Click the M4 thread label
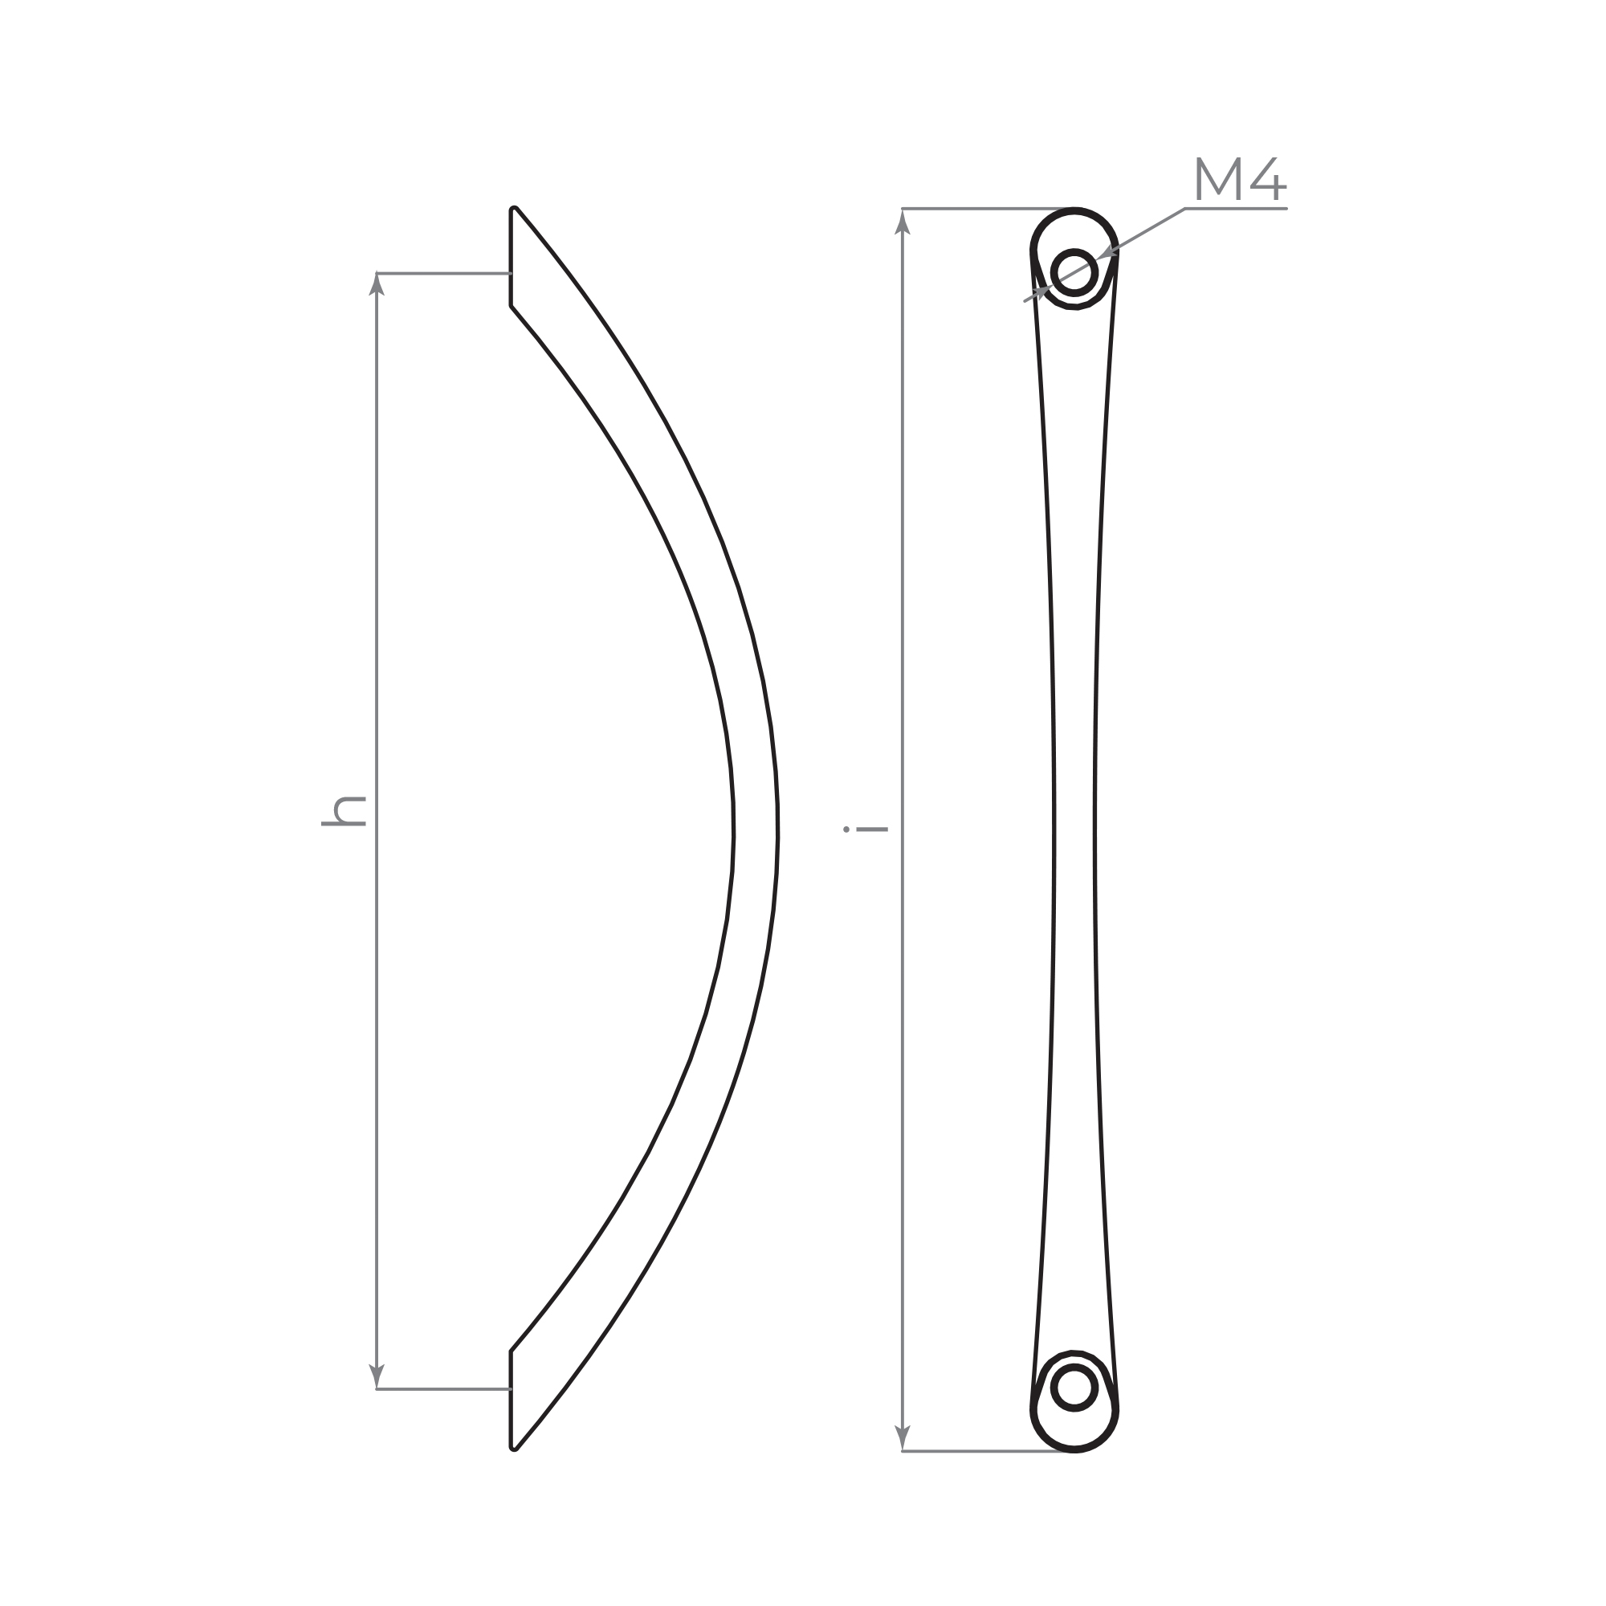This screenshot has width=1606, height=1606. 1241,179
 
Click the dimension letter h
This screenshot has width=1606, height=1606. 344,810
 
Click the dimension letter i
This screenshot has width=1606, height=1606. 866,829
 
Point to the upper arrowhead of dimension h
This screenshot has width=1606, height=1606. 377,283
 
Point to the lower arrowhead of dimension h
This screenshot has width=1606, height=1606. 377,1377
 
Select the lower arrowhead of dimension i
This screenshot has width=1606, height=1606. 903,1439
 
